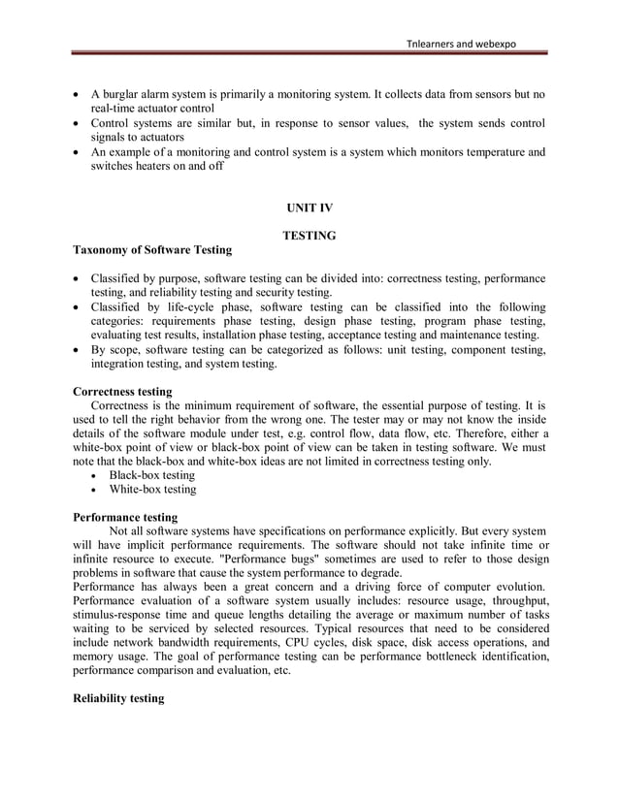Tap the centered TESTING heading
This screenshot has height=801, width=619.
coord(309,236)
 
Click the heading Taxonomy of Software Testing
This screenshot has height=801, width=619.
coord(152,250)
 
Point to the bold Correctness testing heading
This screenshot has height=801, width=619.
coord(122,392)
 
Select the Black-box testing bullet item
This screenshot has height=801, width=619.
coord(151,476)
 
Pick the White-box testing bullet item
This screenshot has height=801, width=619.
coord(152,490)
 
